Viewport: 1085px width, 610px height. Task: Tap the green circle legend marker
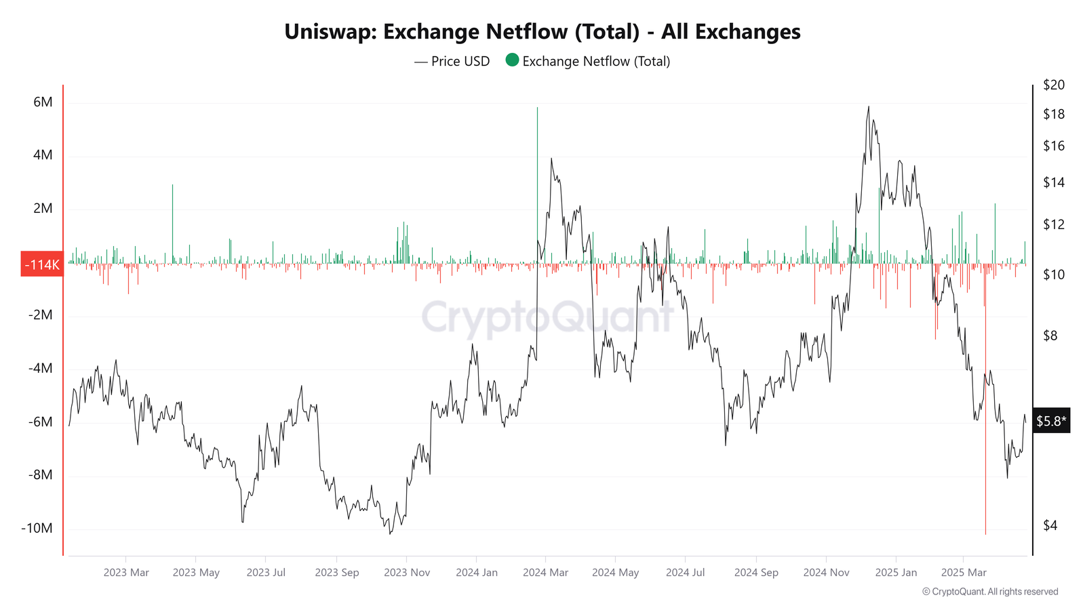click(512, 60)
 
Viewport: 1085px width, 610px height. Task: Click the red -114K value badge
click(42, 264)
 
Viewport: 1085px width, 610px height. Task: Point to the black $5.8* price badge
click(1051, 421)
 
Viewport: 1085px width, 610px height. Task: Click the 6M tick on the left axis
click(43, 102)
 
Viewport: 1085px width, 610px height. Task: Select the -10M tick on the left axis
click(37, 528)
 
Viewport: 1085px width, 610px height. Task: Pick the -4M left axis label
click(40, 368)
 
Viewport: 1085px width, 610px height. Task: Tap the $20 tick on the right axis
click(1054, 85)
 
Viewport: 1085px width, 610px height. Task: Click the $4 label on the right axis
click(1050, 525)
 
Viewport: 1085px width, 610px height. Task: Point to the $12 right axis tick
click(1054, 224)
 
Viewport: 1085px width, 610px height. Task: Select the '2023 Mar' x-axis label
click(126, 573)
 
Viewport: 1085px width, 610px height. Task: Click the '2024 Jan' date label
click(477, 573)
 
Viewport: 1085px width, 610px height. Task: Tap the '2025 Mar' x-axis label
click(964, 573)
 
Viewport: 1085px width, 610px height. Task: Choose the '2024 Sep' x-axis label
click(756, 573)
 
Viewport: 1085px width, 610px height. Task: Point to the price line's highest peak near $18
click(869, 107)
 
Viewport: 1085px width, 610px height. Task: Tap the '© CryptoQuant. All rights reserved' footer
click(990, 592)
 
